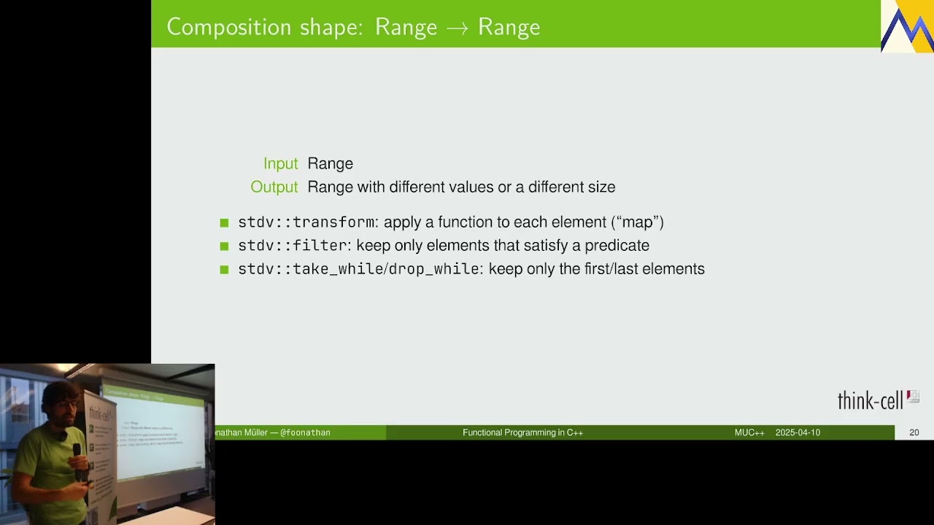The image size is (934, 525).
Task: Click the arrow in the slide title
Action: coord(457,28)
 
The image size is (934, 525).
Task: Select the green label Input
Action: coord(281,163)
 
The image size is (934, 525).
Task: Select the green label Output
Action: coord(274,187)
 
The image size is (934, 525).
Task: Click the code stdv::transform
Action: coord(306,222)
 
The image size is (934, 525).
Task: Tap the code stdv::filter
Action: coord(293,246)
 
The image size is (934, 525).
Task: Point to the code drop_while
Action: coord(433,269)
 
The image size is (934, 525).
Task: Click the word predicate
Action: coord(617,246)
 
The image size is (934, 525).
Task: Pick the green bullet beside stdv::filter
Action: coord(224,246)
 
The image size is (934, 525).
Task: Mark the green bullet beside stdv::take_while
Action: coord(224,270)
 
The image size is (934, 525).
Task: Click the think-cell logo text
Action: coord(870,400)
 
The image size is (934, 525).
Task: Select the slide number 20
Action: coord(914,432)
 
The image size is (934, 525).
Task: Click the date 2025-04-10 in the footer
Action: coord(798,432)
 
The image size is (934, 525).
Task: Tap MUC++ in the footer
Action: coord(749,432)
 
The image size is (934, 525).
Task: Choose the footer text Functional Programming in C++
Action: coord(522,432)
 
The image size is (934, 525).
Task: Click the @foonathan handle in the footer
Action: coord(305,432)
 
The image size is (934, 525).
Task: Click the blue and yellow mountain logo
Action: coord(907,27)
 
